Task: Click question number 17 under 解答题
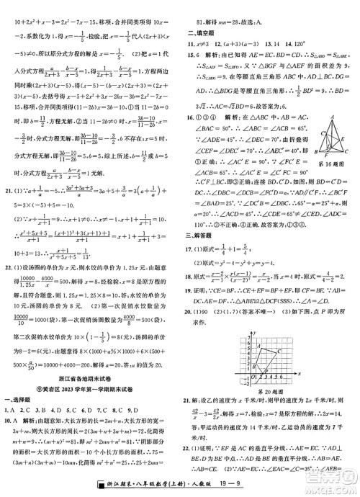coord(187,249)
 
